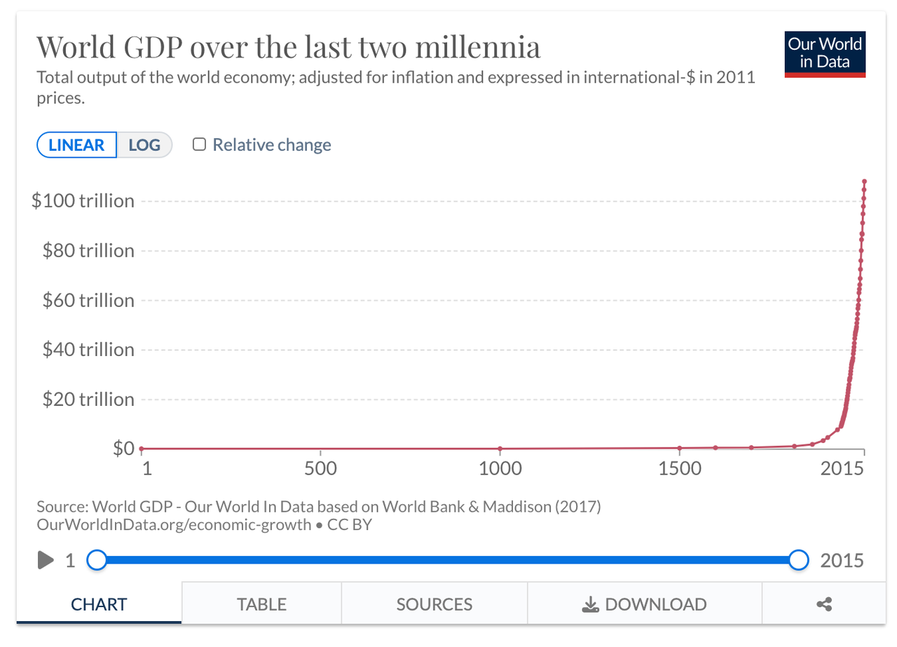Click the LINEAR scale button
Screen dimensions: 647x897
tap(76, 145)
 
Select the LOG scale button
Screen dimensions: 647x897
tap(144, 145)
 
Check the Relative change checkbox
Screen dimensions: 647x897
tap(200, 145)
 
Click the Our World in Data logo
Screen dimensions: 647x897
tap(825, 54)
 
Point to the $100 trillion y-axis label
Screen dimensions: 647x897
tap(83, 201)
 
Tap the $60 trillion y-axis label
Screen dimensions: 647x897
tap(88, 300)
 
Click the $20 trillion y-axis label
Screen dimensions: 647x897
tap(88, 400)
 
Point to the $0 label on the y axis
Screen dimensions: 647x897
tap(123, 448)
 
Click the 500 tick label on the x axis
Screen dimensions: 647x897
tap(321, 468)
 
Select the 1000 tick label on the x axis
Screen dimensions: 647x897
tap(500, 468)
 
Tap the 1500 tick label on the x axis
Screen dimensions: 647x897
tap(680, 468)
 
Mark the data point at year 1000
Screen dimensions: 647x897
tap(500, 449)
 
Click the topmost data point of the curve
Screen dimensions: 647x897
tap(865, 182)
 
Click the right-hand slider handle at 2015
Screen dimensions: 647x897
tap(798, 559)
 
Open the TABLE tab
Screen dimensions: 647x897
tap(261, 604)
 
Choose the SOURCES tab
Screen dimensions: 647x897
tap(434, 604)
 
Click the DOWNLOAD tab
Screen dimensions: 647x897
tap(644, 604)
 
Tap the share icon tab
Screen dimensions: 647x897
tap(824, 604)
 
